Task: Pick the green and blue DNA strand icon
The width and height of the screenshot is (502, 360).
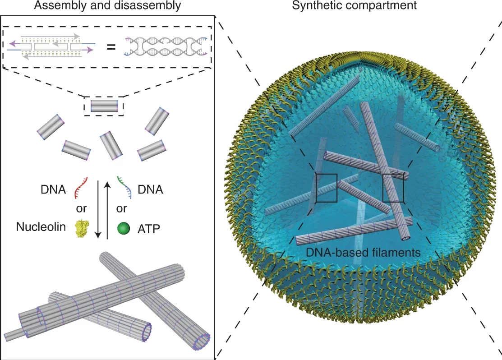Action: [125, 187]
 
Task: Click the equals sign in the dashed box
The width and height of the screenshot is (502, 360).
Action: [111, 46]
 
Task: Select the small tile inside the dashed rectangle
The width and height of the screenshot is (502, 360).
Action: [104, 106]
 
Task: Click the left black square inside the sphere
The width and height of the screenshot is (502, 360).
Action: [327, 188]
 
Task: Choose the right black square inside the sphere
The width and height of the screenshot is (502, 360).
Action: [393, 188]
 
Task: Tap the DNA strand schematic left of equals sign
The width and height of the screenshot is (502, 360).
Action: [51, 46]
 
